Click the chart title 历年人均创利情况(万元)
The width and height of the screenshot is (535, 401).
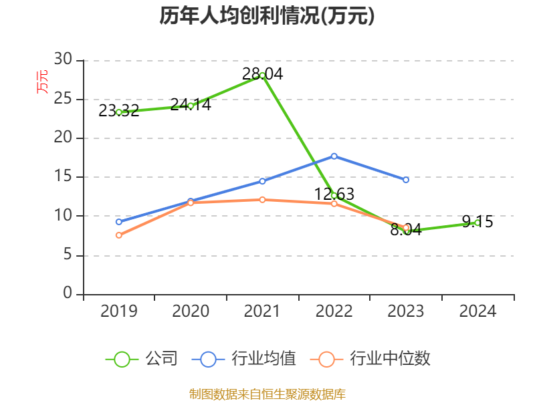point(267,16)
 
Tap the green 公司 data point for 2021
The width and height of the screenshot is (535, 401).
point(262,75)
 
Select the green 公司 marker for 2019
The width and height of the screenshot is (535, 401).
point(119,112)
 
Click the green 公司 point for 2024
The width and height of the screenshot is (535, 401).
point(477,223)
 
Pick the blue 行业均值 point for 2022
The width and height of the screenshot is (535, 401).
point(334,156)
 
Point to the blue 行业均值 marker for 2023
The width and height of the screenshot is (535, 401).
point(406,180)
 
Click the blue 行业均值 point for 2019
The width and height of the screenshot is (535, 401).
point(119,222)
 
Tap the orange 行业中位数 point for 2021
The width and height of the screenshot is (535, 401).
point(262,199)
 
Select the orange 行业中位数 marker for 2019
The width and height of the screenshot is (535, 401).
point(119,235)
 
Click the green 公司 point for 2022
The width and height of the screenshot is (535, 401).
point(334,195)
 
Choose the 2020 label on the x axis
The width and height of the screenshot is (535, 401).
point(191,311)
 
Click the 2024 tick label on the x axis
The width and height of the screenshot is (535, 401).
point(477,311)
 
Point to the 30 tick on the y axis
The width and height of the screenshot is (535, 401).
point(63,60)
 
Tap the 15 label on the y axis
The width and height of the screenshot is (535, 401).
point(63,177)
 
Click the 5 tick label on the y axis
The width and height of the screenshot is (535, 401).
point(68,255)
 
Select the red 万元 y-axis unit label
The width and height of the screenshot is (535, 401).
point(42,82)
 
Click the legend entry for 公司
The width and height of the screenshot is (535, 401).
point(142,359)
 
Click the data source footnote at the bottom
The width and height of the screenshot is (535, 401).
point(267,394)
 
